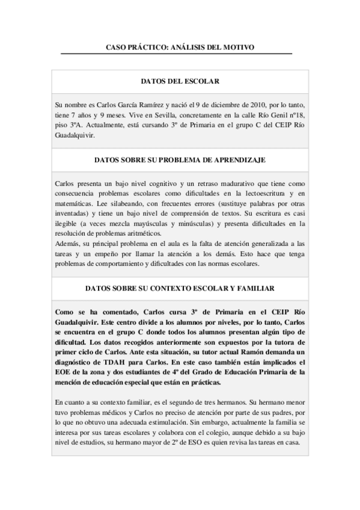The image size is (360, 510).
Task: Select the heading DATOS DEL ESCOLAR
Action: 180,81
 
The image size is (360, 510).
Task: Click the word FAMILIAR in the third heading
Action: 256,289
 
